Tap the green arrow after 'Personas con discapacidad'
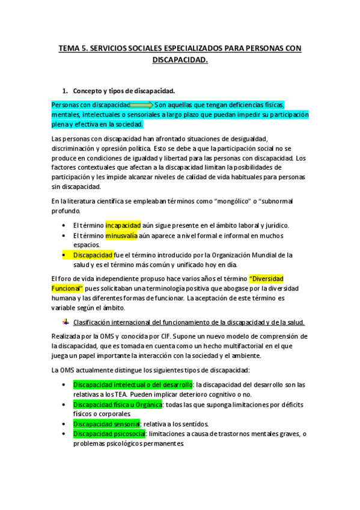click(x=142, y=104)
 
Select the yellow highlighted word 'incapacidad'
click(x=123, y=225)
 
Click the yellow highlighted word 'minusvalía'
click(x=121, y=236)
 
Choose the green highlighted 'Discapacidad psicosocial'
click(x=109, y=434)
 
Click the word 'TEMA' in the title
click(x=69, y=49)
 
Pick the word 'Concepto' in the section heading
click(x=88, y=91)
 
